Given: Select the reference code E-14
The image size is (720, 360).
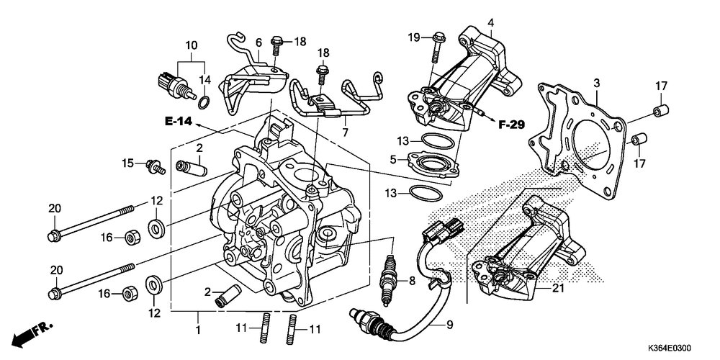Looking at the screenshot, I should click(x=177, y=122).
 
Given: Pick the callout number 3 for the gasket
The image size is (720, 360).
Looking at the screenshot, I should click(x=596, y=84).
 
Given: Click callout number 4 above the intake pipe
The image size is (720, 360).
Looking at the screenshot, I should click(x=490, y=22).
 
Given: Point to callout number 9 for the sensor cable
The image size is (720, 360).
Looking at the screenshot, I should click(x=449, y=325).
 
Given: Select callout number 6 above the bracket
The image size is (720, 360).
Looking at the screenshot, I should click(x=258, y=43).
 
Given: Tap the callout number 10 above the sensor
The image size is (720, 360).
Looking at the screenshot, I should click(x=191, y=45).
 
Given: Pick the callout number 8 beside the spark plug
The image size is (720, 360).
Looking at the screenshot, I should click(x=413, y=280).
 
